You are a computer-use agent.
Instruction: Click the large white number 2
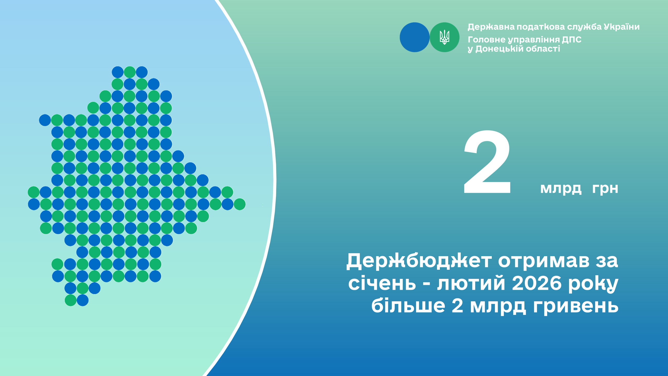pyautogui.click(x=487, y=162)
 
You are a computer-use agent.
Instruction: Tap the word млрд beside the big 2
pyautogui.click(x=561, y=189)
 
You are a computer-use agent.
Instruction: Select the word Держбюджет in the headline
pyautogui.click(x=419, y=261)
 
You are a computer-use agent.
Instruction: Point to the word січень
pyautogui.click(x=382, y=283)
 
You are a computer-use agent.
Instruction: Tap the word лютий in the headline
pyautogui.click(x=471, y=283)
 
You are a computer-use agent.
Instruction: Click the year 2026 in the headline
pyautogui.click(x=536, y=283)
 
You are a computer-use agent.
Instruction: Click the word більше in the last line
pyautogui.click(x=408, y=305)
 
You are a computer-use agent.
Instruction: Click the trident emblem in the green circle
pyautogui.click(x=445, y=37)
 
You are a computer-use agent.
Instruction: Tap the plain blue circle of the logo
pyautogui.click(x=415, y=37)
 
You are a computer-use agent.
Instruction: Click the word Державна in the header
pyautogui.click(x=491, y=27)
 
